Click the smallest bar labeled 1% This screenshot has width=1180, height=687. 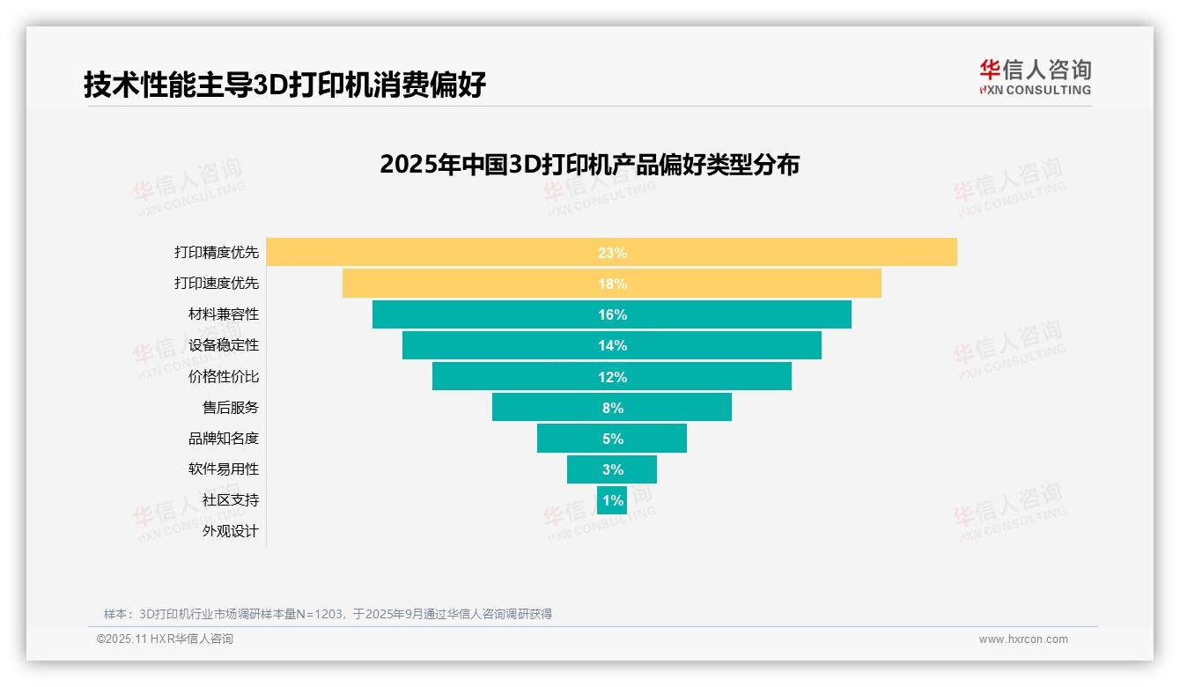tap(612, 500)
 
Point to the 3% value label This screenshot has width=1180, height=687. tap(612, 469)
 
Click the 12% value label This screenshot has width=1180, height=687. tap(612, 377)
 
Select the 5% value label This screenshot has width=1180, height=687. tap(612, 439)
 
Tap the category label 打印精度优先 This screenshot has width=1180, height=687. tap(217, 252)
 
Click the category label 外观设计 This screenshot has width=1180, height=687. tap(231, 531)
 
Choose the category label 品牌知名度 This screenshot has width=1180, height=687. tap(224, 439)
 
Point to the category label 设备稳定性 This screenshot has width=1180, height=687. tap(224, 345)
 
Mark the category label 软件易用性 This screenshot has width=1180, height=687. tap(224, 469)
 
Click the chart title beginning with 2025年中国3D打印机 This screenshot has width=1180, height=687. tap(589, 165)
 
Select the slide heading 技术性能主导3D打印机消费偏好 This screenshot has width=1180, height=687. tap(284, 85)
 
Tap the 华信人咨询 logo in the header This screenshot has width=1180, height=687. tap(1035, 78)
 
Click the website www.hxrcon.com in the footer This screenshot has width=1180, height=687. tap(1023, 639)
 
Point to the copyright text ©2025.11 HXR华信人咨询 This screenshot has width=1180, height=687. tap(165, 639)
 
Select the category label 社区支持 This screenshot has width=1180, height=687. tap(231, 500)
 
